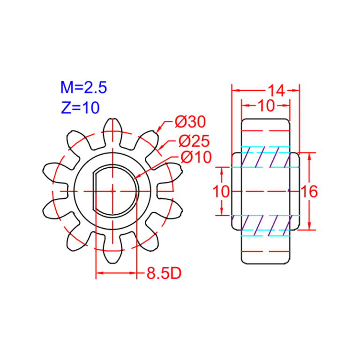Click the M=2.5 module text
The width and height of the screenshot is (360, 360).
(x=83, y=87)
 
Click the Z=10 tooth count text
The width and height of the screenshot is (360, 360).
(x=80, y=108)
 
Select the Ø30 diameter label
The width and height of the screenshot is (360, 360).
(x=190, y=122)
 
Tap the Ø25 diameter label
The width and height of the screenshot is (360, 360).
(x=194, y=141)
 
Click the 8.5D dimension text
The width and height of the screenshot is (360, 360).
(x=164, y=273)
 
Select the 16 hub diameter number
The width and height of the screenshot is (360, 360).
(x=310, y=191)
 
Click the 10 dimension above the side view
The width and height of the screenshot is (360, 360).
(x=266, y=105)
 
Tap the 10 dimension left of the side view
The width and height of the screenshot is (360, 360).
(x=221, y=191)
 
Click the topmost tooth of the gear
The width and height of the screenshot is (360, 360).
(x=112, y=127)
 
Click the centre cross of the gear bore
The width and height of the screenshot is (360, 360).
(x=112, y=191)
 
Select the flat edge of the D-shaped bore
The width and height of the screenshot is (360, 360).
(x=95, y=191)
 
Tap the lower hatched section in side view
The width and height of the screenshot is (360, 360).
(x=265, y=224)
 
